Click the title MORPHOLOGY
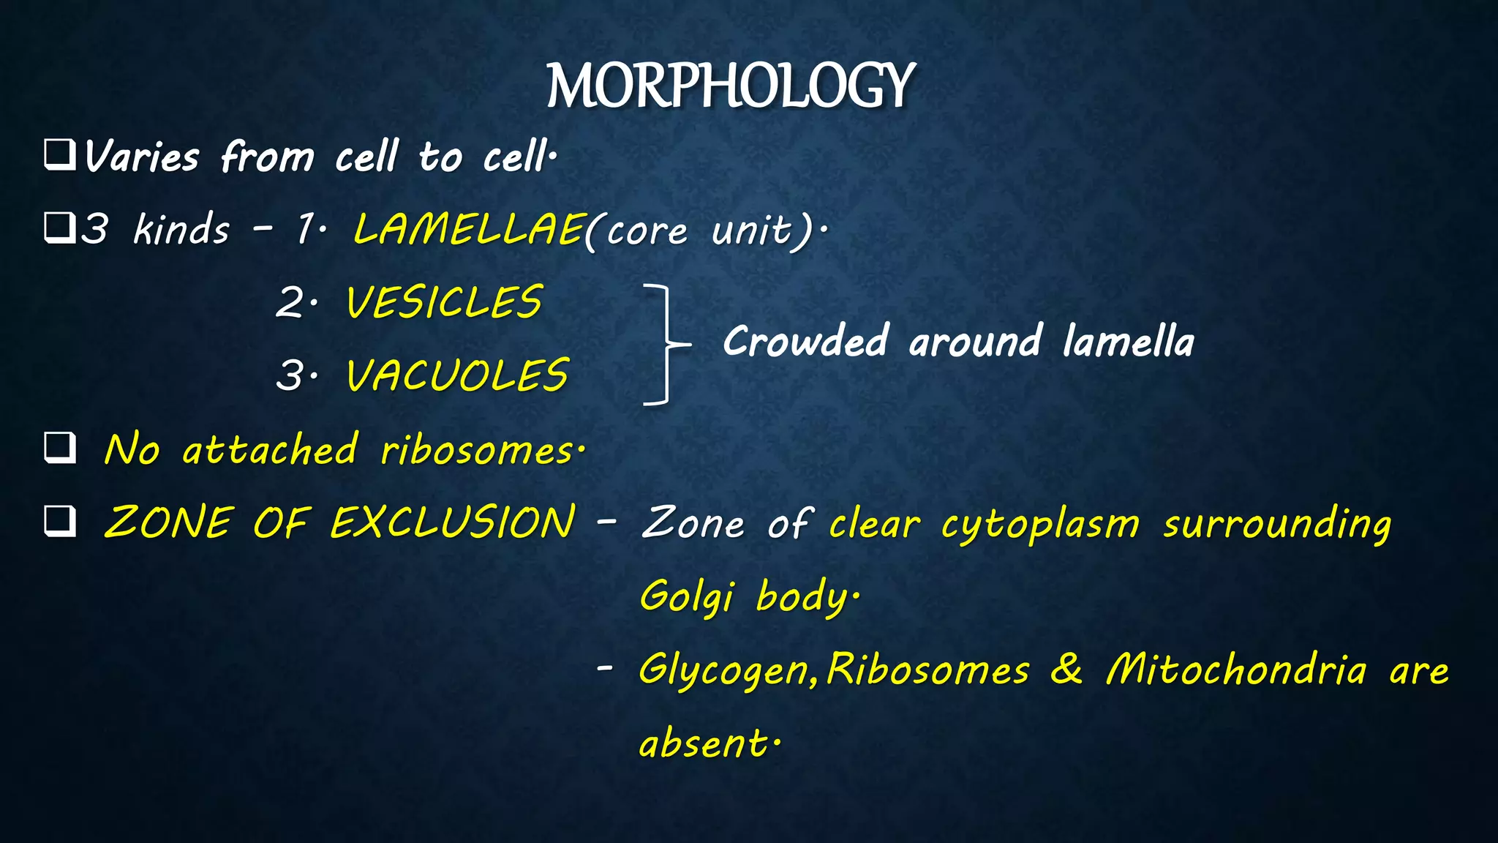click(x=730, y=86)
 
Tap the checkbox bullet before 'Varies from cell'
click(x=59, y=155)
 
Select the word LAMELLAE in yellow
click(x=468, y=229)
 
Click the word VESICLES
click(x=444, y=302)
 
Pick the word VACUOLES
click(x=457, y=375)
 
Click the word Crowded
click(x=805, y=342)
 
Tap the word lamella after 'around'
click(x=1128, y=342)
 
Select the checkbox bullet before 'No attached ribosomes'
click(x=59, y=448)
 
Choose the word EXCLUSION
click(x=453, y=522)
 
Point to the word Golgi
click(x=686, y=596)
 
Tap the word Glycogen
click(x=727, y=670)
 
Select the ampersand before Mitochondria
click(x=1066, y=669)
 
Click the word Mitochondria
click(x=1235, y=669)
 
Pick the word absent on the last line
click(x=704, y=743)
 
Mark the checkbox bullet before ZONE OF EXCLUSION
click(x=59, y=521)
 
